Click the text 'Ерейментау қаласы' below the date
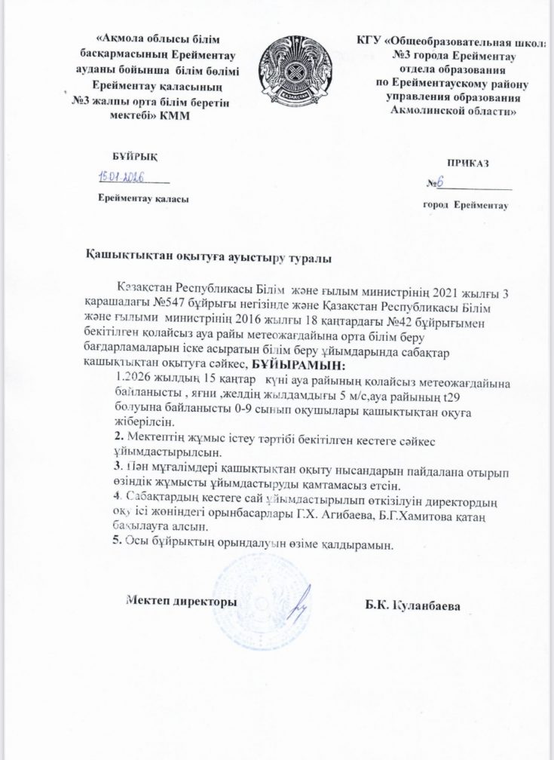[144, 198]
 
